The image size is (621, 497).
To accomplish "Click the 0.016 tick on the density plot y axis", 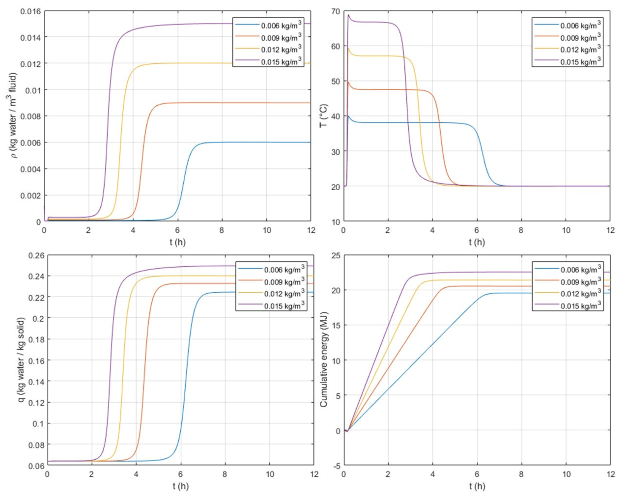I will pos(30,11).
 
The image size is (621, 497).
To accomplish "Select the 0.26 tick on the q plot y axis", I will pos(36,255).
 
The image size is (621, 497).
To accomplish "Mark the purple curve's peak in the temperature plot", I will pos(348,15).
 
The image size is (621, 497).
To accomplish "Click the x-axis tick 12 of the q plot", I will pos(314,474).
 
